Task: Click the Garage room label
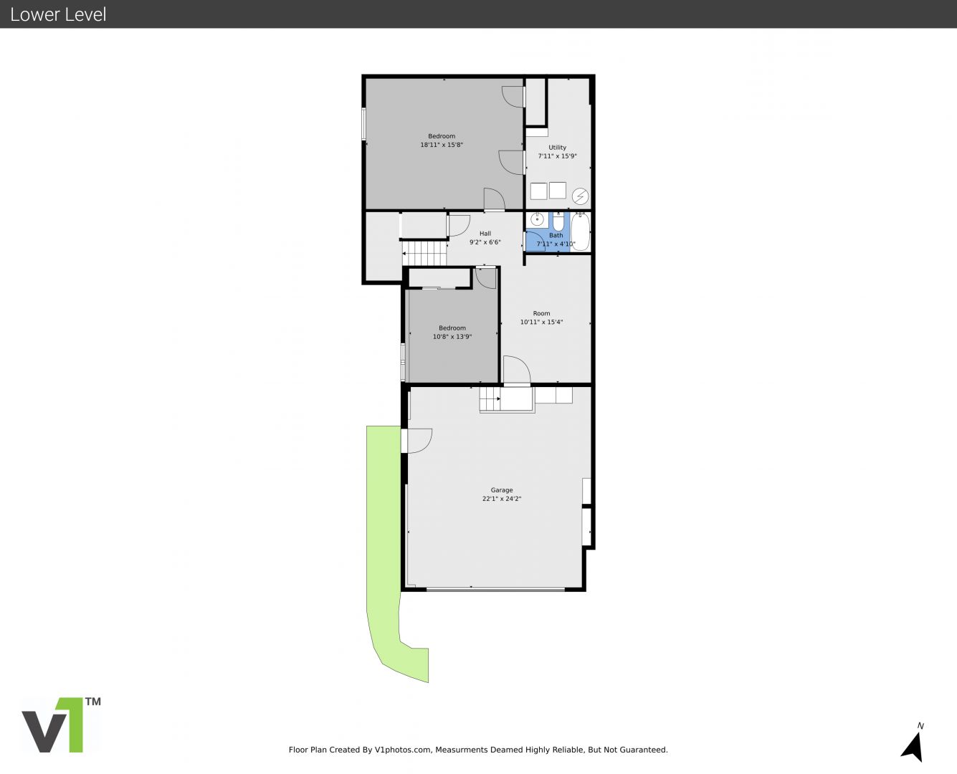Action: (x=501, y=490)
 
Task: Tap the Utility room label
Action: (x=557, y=148)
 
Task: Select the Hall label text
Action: (x=485, y=233)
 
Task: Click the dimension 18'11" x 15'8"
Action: (x=442, y=145)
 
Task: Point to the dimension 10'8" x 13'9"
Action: (x=452, y=336)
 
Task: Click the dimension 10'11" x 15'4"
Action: (x=541, y=322)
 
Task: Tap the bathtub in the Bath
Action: (x=580, y=231)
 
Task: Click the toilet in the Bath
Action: (x=558, y=221)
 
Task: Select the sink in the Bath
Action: (x=537, y=220)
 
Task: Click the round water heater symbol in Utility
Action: (x=580, y=196)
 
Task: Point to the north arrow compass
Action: (x=913, y=747)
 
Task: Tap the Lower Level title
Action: (x=58, y=14)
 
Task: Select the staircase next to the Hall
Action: (x=424, y=254)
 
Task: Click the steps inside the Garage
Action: (x=490, y=398)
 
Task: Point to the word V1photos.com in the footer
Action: (x=403, y=750)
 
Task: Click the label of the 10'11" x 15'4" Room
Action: (x=541, y=313)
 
